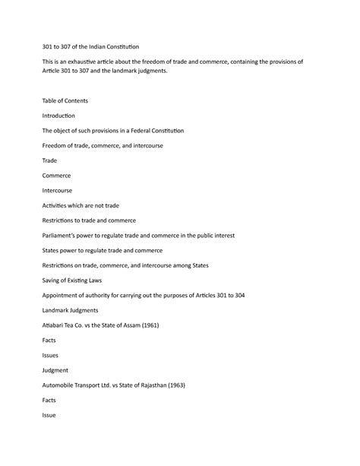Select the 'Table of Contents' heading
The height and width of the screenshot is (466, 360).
click(65, 100)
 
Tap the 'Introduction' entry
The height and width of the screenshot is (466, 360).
click(58, 116)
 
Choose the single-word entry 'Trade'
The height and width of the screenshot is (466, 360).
click(49, 160)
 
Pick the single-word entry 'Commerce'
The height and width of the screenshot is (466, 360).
click(56, 176)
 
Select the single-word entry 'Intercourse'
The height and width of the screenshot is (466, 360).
click(58, 190)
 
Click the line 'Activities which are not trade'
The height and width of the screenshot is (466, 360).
click(81, 205)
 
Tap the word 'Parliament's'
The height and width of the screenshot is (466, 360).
click(62, 236)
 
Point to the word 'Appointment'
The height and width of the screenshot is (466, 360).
click(66, 296)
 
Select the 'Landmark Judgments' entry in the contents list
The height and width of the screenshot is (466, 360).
click(70, 310)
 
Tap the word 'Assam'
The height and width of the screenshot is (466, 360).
click(141, 325)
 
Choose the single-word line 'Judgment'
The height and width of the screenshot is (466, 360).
click(55, 370)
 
